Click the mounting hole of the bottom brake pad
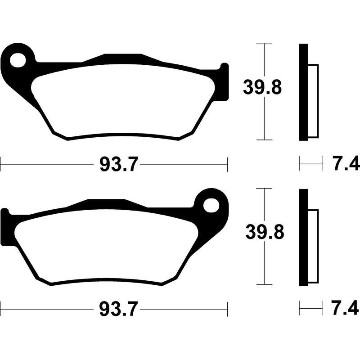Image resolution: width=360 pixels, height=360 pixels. click(x=210, y=205)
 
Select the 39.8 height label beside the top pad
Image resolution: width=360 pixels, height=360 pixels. click(x=262, y=87)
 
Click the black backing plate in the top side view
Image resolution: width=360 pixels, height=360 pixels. click(x=304, y=92)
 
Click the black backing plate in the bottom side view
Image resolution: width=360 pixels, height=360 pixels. click(x=304, y=237)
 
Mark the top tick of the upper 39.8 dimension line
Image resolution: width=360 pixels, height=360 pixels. click(x=264, y=44)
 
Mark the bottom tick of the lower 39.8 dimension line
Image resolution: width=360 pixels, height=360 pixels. click(x=264, y=284)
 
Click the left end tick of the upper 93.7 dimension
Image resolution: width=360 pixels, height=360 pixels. click(x=1, y=165)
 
